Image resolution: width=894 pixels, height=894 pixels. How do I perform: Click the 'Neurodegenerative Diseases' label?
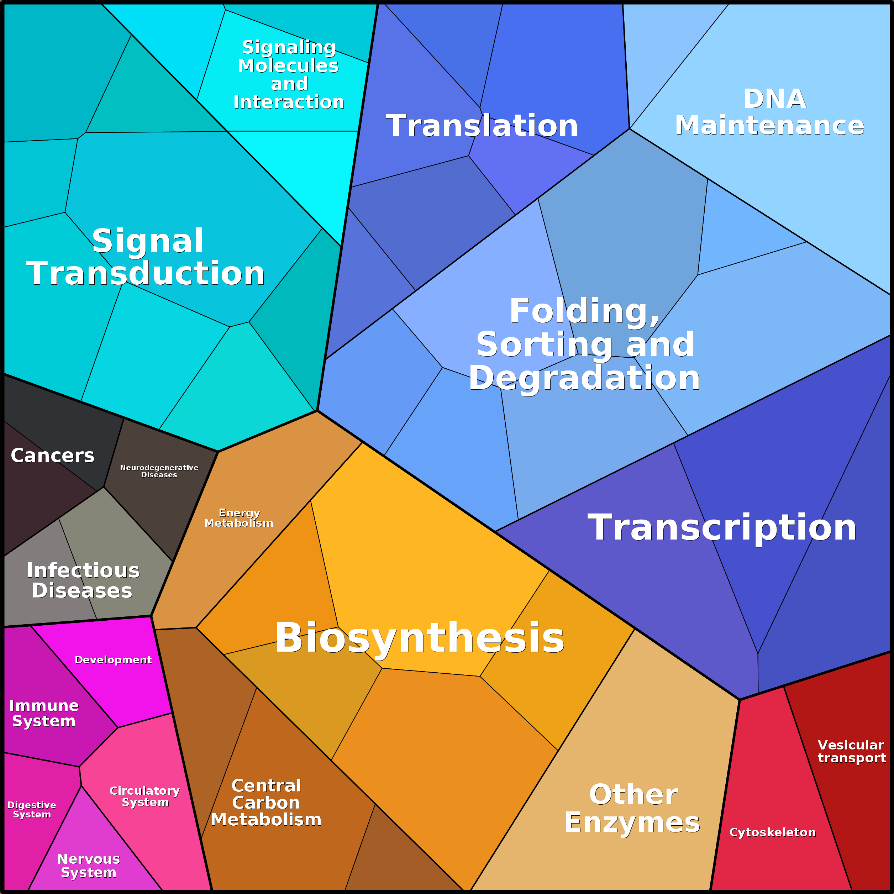click(x=159, y=471)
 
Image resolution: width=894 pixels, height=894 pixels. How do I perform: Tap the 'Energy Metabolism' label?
click(x=239, y=518)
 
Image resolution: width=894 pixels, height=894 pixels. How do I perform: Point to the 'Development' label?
click(x=113, y=660)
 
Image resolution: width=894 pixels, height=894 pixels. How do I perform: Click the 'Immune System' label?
click(x=44, y=713)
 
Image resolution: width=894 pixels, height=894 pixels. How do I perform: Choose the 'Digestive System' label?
click(x=31, y=810)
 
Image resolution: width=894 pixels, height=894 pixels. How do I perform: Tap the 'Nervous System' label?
click(x=88, y=866)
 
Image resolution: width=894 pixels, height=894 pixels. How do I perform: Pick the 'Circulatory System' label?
click(x=145, y=796)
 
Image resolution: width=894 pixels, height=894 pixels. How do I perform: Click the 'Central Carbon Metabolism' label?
click(x=266, y=803)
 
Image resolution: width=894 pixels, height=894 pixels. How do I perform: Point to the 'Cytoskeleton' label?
click(x=772, y=832)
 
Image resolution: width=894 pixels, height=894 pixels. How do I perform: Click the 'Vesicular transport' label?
click(x=851, y=752)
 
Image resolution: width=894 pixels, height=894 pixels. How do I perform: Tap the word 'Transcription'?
click(x=722, y=527)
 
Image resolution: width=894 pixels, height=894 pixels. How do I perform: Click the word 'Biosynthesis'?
click(x=419, y=638)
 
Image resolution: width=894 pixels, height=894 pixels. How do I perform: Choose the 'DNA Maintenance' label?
click(x=769, y=112)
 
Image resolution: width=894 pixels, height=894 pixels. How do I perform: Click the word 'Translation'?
click(x=482, y=125)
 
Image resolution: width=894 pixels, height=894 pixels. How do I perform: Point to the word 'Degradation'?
click(x=584, y=378)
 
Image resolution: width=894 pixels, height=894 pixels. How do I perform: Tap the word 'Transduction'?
click(x=145, y=273)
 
